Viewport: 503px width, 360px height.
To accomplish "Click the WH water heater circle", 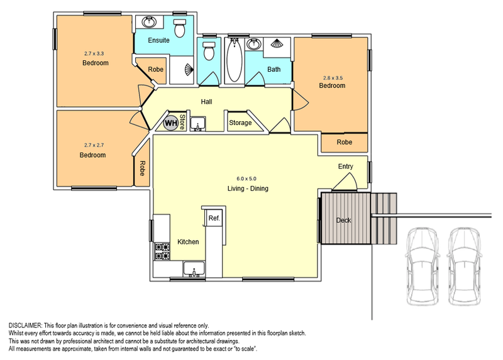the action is click(170, 123).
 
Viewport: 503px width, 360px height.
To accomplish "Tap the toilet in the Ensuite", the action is click(179, 28).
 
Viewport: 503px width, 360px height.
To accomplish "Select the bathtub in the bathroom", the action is click(234, 60).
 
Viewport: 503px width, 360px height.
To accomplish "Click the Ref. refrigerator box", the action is click(214, 218).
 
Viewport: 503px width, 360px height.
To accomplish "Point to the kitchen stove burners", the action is click(162, 251).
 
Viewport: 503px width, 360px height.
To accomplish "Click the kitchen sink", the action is click(194, 269).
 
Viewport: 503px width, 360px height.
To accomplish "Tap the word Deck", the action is click(343, 221).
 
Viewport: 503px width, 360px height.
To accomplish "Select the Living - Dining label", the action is click(248, 188).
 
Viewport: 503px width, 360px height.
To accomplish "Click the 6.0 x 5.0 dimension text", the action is click(246, 178).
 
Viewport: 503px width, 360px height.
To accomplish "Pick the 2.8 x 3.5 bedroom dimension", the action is click(333, 77).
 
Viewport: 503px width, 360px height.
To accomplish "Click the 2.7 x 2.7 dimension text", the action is click(94, 145).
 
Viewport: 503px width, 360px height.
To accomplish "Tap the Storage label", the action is click(240, 123).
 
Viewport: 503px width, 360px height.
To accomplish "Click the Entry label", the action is click(345, 166).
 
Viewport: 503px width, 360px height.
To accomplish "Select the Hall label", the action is click(206, 102).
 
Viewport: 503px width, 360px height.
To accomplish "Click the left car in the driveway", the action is click(422, 266).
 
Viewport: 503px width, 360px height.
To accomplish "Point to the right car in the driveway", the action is click(464, 266).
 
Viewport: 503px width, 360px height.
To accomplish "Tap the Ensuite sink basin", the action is click(149, 22).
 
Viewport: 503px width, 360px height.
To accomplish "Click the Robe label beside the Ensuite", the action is click(155, 69).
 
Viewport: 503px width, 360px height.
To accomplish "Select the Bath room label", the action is click(274, 69).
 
